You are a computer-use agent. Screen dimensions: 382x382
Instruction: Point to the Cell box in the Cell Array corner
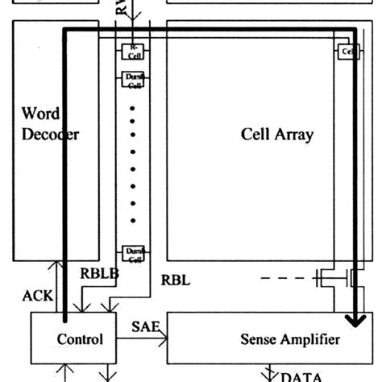point(347,52)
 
